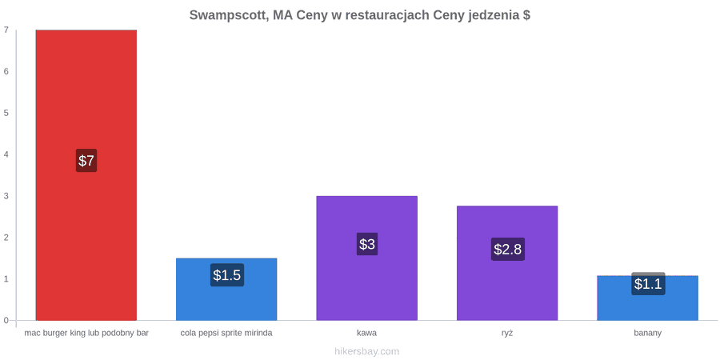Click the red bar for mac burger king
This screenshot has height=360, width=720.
[86, 175]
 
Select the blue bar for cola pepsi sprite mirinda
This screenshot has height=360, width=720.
[226, 290]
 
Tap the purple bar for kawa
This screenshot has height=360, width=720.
[367, 258]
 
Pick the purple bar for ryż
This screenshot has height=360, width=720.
[507, 263]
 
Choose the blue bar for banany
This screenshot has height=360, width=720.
[647, 298]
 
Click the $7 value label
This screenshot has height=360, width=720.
[86, 161]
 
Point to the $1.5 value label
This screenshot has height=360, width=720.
[227, 275]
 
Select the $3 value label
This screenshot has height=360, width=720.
[367, 244]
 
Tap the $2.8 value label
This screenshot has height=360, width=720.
[507, 250]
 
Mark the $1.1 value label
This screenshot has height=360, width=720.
[648, 284]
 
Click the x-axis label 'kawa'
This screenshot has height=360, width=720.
[367, 333]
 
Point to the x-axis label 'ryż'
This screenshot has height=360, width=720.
[507, 334]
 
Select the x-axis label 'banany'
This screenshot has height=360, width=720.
[647, 334]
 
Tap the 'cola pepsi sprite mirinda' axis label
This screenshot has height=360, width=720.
[226, 334]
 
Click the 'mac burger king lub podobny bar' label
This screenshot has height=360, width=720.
[86, 334]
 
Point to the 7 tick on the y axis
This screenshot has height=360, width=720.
[6, 30]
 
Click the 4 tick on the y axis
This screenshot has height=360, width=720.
[6, 154]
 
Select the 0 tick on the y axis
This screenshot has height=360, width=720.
[6, 321]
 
